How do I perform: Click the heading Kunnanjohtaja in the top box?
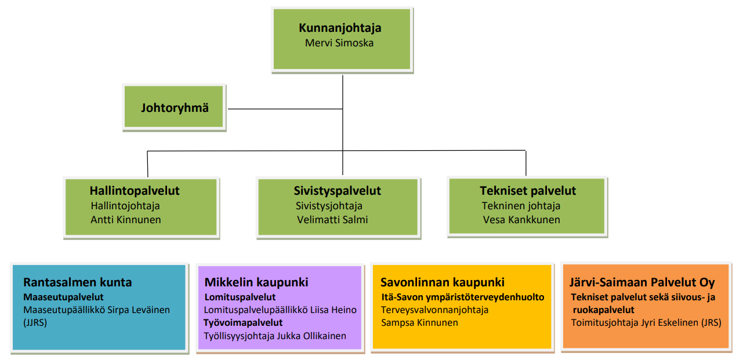(x=340, y=28)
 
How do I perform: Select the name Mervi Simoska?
(x=339, y=43)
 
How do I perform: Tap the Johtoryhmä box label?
(x=175, y=108)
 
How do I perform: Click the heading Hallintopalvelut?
(x=135, y=191)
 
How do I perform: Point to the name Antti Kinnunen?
(x=126, y=220)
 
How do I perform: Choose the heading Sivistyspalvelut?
(x=338, y=191)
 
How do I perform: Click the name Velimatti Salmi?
(x=332, y=220)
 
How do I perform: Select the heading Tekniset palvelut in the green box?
(x=528, y=191)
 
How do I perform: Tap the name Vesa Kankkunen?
(x=521, y=220)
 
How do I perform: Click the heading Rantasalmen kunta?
(x=78, y=282)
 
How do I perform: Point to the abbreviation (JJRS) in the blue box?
(x=35, y=322)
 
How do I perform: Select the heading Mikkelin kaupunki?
(x=256, y=282)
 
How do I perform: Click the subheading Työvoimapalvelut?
(x=243, y=323)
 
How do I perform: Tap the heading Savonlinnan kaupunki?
(x=443, y=282)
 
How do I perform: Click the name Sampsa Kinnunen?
(x=419, y=323)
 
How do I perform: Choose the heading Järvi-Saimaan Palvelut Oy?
(x=642, y=282)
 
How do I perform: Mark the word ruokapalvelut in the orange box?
(x=603, y=310)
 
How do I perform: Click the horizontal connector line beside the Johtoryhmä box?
(x=285, y=109)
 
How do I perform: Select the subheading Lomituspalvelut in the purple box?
(x=240, y=297)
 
